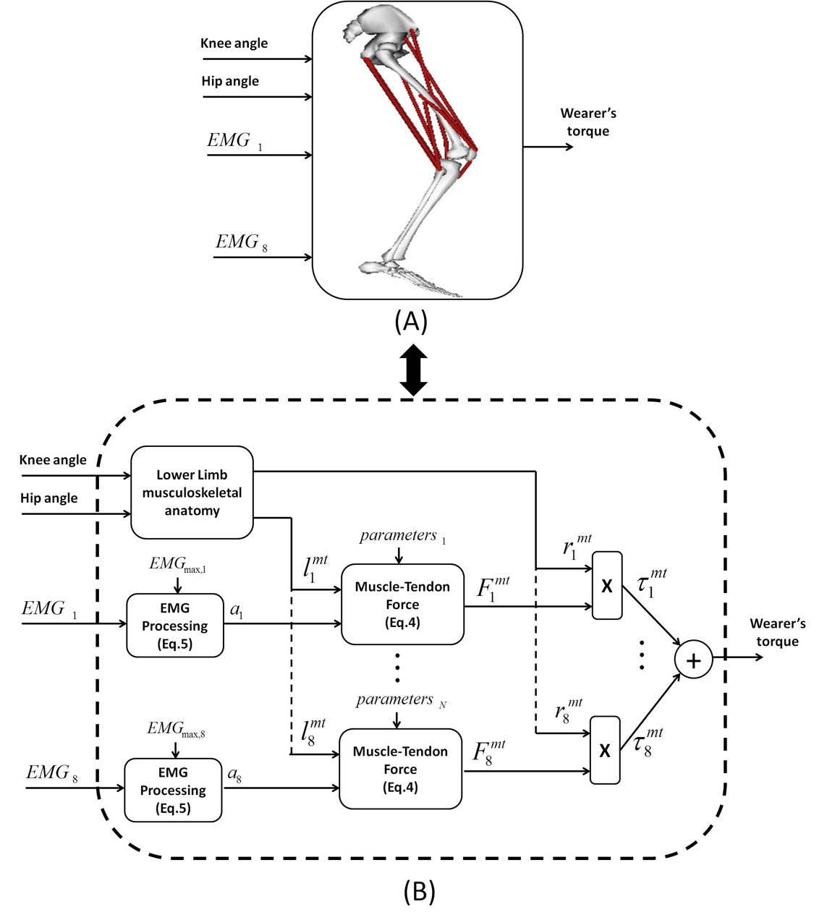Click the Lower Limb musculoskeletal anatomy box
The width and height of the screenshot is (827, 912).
coord(192,493)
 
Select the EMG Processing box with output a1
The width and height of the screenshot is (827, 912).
coord(175,626)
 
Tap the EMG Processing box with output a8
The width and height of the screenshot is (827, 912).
coord(173,790)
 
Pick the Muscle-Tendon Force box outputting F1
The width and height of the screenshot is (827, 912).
coord(402,604)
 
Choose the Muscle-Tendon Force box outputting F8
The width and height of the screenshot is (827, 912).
coord(400,769)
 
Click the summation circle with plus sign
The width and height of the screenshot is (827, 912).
coord(693,662)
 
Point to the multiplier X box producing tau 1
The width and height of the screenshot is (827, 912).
coord(607,586)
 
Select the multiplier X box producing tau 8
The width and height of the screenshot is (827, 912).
coord(605,750)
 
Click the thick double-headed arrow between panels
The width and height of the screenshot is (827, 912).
coord(413,370)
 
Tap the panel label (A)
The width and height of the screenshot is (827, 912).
coord(411,321)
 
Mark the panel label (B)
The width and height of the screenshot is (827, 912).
coord(419,892)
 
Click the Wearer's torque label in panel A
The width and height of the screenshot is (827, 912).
coord(588,122)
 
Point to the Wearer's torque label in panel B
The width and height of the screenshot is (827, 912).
coord(777,632)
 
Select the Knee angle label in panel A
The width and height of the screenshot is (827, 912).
coord(234,43)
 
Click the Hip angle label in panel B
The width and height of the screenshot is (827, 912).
coord(49,498)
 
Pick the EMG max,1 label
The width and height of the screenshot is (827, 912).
coord(178,564)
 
